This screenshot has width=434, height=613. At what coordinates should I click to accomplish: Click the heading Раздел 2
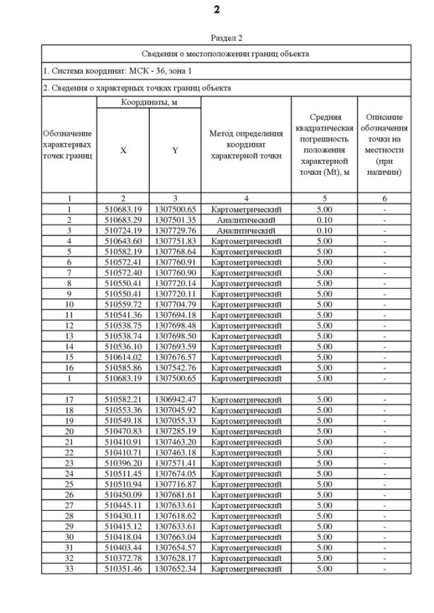[x=217, y=38]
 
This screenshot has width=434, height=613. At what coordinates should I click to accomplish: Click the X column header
[x=123, y=150]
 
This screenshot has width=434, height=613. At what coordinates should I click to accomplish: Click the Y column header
[x=175, y=150]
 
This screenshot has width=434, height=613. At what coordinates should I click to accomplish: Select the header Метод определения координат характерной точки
[x=245, y=145]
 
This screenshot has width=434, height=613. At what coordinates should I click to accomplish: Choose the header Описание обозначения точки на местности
[x=384, y=145]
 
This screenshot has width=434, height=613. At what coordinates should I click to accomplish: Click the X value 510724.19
[x=123, y=230]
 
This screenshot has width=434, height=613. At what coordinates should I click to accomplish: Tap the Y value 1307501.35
[x=175, y=220]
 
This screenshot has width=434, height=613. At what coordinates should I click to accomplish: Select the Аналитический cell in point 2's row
[x=245, y=220]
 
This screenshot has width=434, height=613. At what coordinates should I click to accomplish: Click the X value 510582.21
[x=123, y=399]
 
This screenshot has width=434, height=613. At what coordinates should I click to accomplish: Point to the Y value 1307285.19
[x=175, y=431]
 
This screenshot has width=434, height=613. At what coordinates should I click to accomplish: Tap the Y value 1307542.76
[x=175, y=367]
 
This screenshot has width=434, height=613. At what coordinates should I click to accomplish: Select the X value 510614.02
[x=123, y=357]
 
